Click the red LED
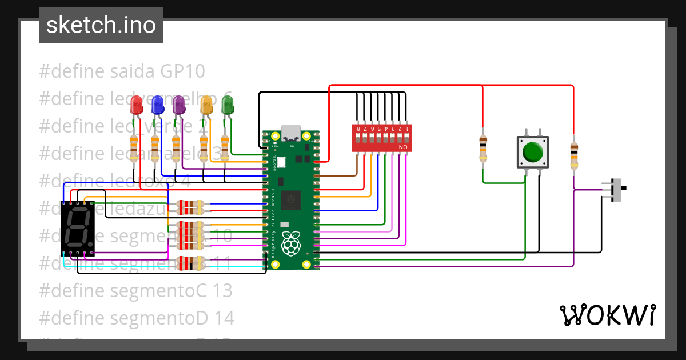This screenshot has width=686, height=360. [x=136, y=105]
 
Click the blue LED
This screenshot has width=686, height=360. [x=157, y=105]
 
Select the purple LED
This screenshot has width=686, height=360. [x=178, y=105]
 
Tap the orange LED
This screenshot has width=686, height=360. [x=206, y=105]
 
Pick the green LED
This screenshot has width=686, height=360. [x=228, y=105]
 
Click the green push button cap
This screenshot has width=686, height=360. [x=533, y=152]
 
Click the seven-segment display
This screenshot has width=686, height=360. [x=77, y=227]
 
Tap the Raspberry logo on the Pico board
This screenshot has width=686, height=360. [x=292, y=243]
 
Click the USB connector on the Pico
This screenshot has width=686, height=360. [x=292, y=133]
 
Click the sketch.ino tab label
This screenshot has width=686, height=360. [x=101, y=25]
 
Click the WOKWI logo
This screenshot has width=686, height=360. [x=607, y=315]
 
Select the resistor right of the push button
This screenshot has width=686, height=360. [x=573, y=155]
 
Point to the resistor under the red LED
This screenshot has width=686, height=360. [x=134, y=148]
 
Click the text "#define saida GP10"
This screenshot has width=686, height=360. [x=122, y=71]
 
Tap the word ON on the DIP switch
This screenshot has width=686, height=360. [x=403, y=148]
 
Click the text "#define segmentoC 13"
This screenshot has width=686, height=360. [x=135, y=290]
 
